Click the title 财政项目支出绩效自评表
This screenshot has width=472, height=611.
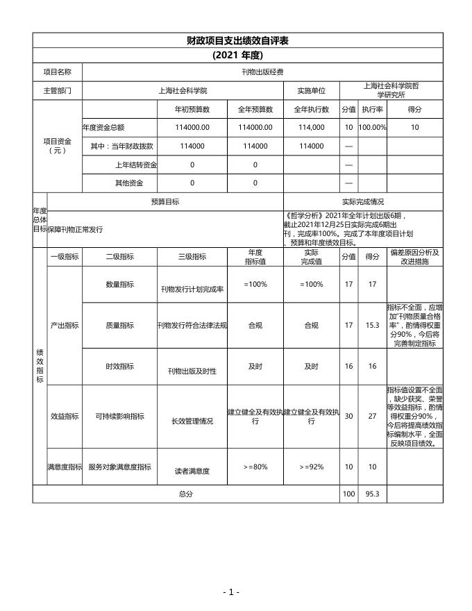pyautogui.click(x=237, y=41)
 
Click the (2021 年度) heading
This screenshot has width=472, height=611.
pyautogui.click(x=237, y=56)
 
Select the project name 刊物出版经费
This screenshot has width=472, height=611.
pyautogui.click(x=262, y=72)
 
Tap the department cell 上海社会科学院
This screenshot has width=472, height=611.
pyautogui.click(x=183, y=90)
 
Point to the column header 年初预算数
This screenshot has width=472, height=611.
pyautogui.click(x=192, y=109)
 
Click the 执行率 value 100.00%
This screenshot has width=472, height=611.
pyautogui.click(x=372, y=128)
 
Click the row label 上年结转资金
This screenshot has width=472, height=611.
pyautogui.click(x=135, y=165)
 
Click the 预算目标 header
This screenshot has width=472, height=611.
pyautogui.click(x=165, y=202)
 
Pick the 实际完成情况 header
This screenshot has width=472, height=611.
pyautogui.click(x=363, y=202)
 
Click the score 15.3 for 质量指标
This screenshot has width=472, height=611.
pyautogui.click(x=372, y=325)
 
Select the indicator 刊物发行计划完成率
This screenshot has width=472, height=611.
pyautogui.click(x=192, y=290)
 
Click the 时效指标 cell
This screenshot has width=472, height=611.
pyautogui.click(x=119, y=366)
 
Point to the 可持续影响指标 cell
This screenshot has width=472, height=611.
pyautogui.click(x=119, y=417)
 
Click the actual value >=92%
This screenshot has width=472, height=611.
pyautogui.click(x=312, y=467)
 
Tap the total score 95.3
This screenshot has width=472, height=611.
pyautogui.click(x=372, y=494)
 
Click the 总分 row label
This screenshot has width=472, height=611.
pyautogui.click(x=185, y=494)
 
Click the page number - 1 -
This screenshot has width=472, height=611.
pyautogui.click(x=231, y=592)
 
